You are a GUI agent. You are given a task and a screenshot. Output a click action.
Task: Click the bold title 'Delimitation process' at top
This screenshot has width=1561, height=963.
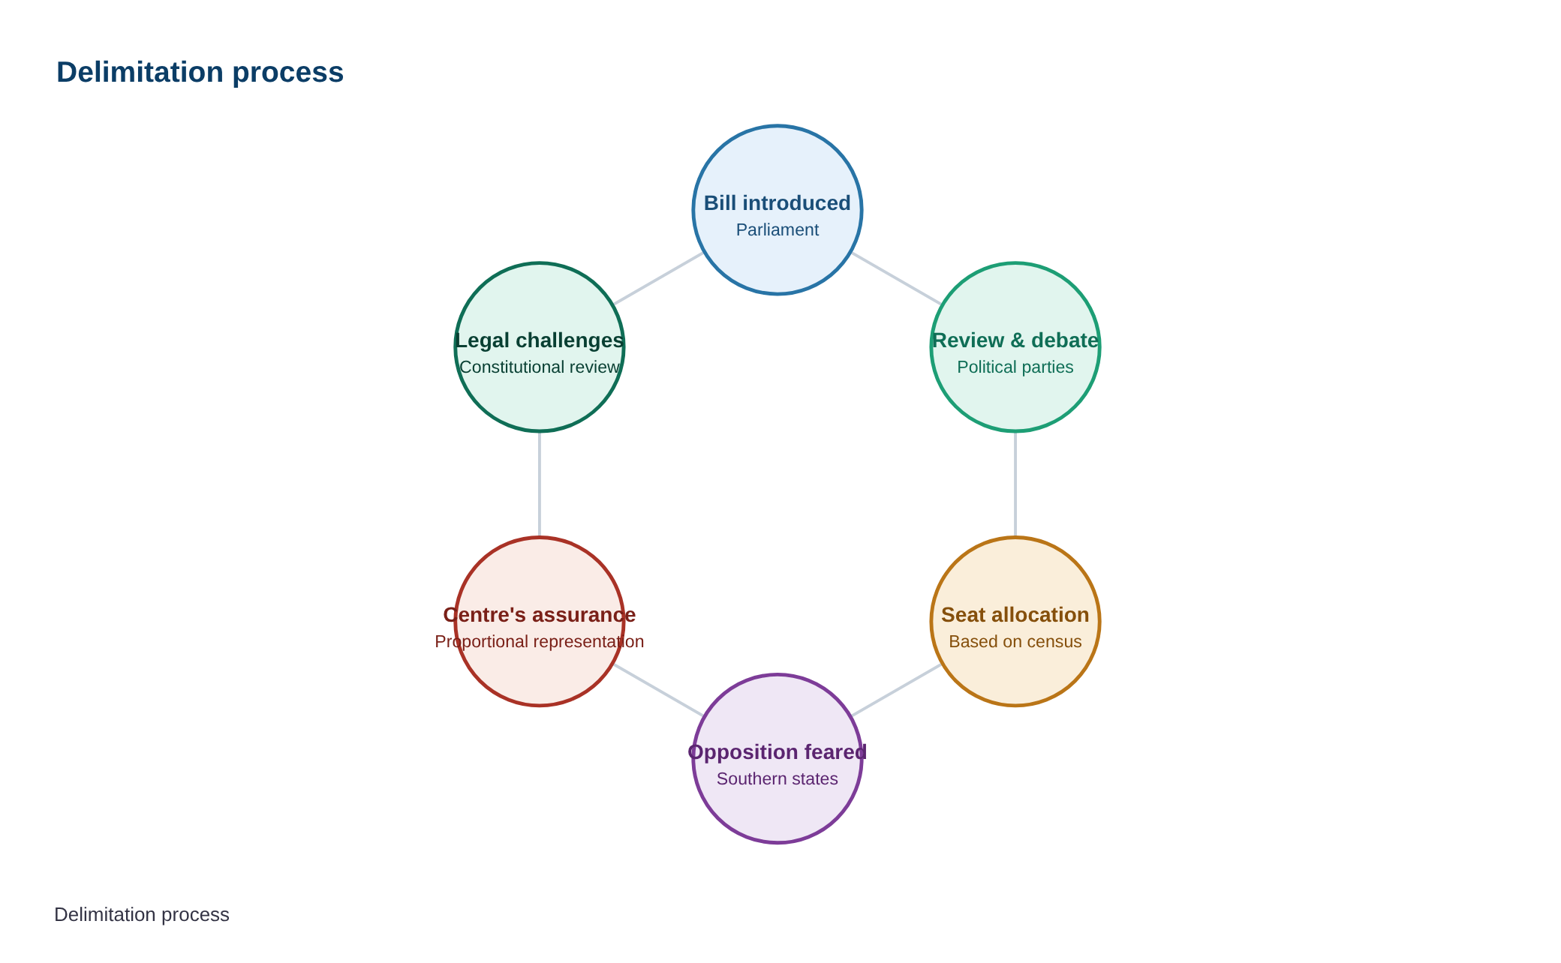tap(200, 73)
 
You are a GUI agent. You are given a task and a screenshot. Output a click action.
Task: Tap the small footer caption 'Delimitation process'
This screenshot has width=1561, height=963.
tap(142, 914)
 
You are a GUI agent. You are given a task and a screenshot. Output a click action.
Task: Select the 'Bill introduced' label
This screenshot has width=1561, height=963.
tap(777, 203)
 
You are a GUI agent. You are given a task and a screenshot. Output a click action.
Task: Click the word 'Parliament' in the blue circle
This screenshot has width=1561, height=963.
tap(777, 229)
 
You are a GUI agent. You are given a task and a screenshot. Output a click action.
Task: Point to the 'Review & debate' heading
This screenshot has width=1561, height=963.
tap(1015, 340)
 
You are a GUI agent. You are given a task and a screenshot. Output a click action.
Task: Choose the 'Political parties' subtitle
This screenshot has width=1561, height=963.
tap(1015, 367)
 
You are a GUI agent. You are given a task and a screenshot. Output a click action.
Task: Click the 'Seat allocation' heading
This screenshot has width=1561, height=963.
tap(1015, 615)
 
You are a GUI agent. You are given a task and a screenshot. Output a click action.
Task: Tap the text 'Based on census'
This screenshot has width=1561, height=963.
tap(1015, 642)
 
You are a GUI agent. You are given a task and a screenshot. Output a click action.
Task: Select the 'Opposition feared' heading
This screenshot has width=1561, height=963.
tap(777, 752)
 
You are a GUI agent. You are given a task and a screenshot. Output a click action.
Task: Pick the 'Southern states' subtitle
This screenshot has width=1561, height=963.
tap(777, 778)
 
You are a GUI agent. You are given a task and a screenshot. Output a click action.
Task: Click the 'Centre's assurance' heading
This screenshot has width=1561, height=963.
tap(540, 615)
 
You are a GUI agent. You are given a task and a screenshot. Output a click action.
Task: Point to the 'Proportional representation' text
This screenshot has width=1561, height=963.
tap(540, 642)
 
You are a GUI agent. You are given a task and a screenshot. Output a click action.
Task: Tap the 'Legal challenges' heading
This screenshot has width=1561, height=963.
tap(540, 340)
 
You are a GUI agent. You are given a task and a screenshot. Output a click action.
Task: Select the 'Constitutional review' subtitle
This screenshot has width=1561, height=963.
tap(540, 367)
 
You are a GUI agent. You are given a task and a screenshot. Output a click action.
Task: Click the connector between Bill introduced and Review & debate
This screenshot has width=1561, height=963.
tap(896, 278)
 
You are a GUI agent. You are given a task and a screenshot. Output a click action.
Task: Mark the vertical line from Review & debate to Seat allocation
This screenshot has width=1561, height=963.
tap(1015, 484)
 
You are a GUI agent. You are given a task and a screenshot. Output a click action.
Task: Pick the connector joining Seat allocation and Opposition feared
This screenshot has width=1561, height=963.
tap(896, 690)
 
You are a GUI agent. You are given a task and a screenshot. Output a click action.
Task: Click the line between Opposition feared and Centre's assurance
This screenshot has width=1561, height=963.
tap(659, 690)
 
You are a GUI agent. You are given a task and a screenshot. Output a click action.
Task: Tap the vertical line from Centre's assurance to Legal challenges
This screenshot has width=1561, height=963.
tap(540, 484)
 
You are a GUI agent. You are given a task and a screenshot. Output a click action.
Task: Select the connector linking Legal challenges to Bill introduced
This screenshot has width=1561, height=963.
tap(659, 278)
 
